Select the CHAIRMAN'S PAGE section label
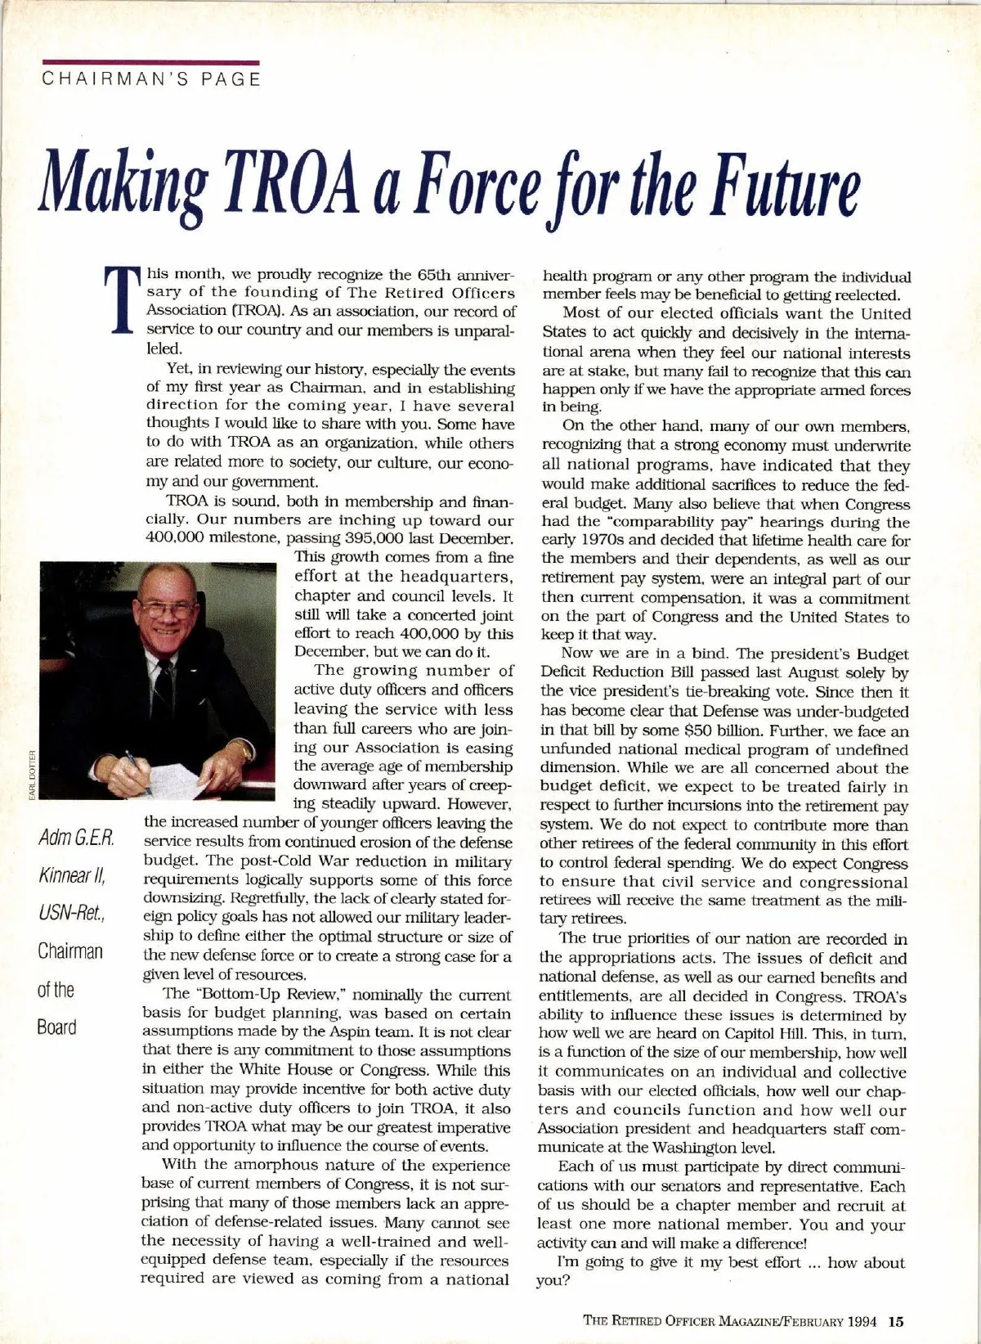[151, 79]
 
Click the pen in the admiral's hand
[137, 771]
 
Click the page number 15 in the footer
[895, 1319]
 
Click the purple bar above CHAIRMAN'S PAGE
[151, 61]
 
